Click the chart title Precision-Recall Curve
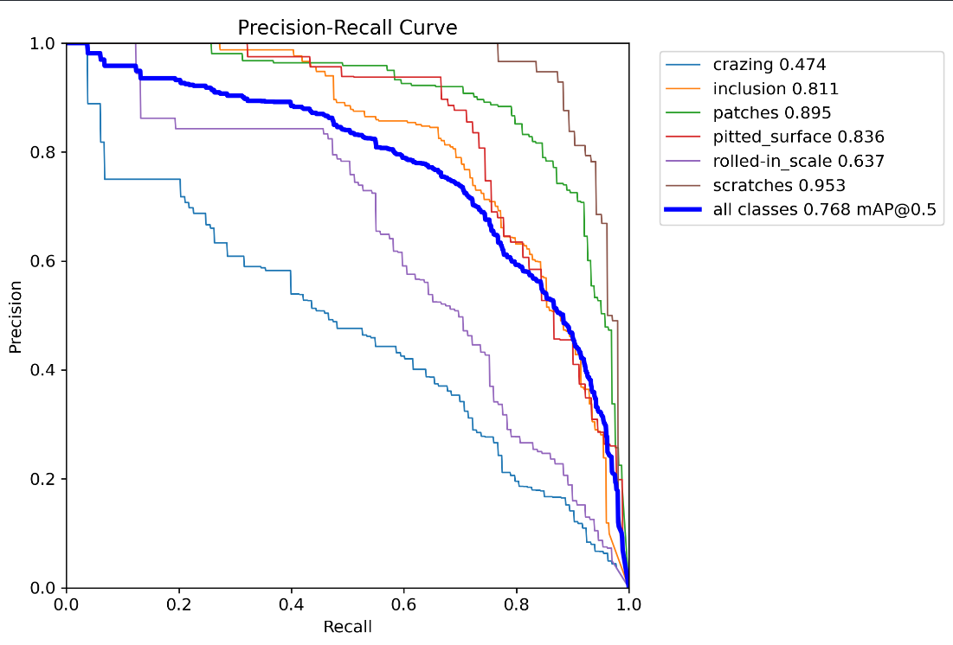pos(347,28)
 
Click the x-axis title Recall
pos(347,626)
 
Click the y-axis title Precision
pos(16,316)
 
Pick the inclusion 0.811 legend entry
pos(776,88)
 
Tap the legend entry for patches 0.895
pos(771,112)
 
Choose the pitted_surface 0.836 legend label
pos(798,137)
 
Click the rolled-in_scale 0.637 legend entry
pos(798,161)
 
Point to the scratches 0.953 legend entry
pos(779,185)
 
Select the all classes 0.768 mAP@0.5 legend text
pos(825,209)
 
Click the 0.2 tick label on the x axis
pos(178,604)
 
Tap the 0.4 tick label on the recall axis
pos(291,604)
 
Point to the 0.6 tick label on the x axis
pos(403,604)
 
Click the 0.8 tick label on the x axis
pos(516,604)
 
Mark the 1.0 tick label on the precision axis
pos(44,43)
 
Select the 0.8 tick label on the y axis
pos(44,152)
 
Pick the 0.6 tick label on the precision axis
pos(44,261)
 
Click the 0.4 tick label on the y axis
pos(44,370)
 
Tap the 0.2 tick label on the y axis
pos(44,479)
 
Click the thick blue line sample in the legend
pos(684,209)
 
